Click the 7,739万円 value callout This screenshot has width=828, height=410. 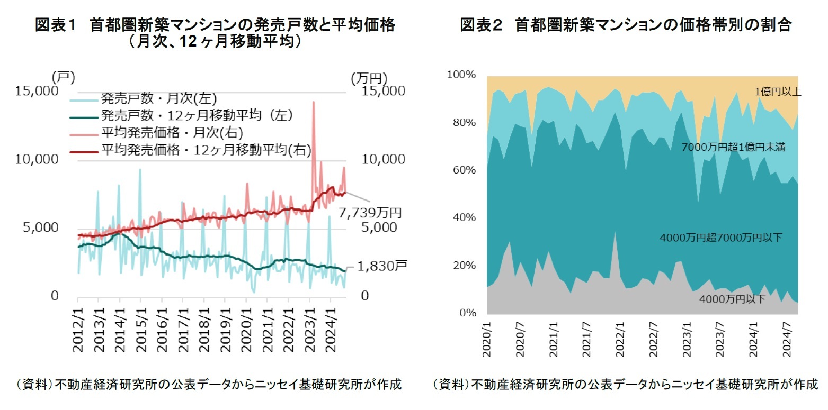(370, 213)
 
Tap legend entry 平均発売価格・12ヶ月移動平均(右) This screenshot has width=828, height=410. (206, 150)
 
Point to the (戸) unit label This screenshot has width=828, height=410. (64, 77)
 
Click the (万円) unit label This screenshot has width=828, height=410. (369, 77)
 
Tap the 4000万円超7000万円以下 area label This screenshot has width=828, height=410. (720, 238)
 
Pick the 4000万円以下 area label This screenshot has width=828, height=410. (732, 299)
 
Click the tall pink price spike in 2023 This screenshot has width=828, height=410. (314, 103)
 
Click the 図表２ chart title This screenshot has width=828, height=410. (625, 25)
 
